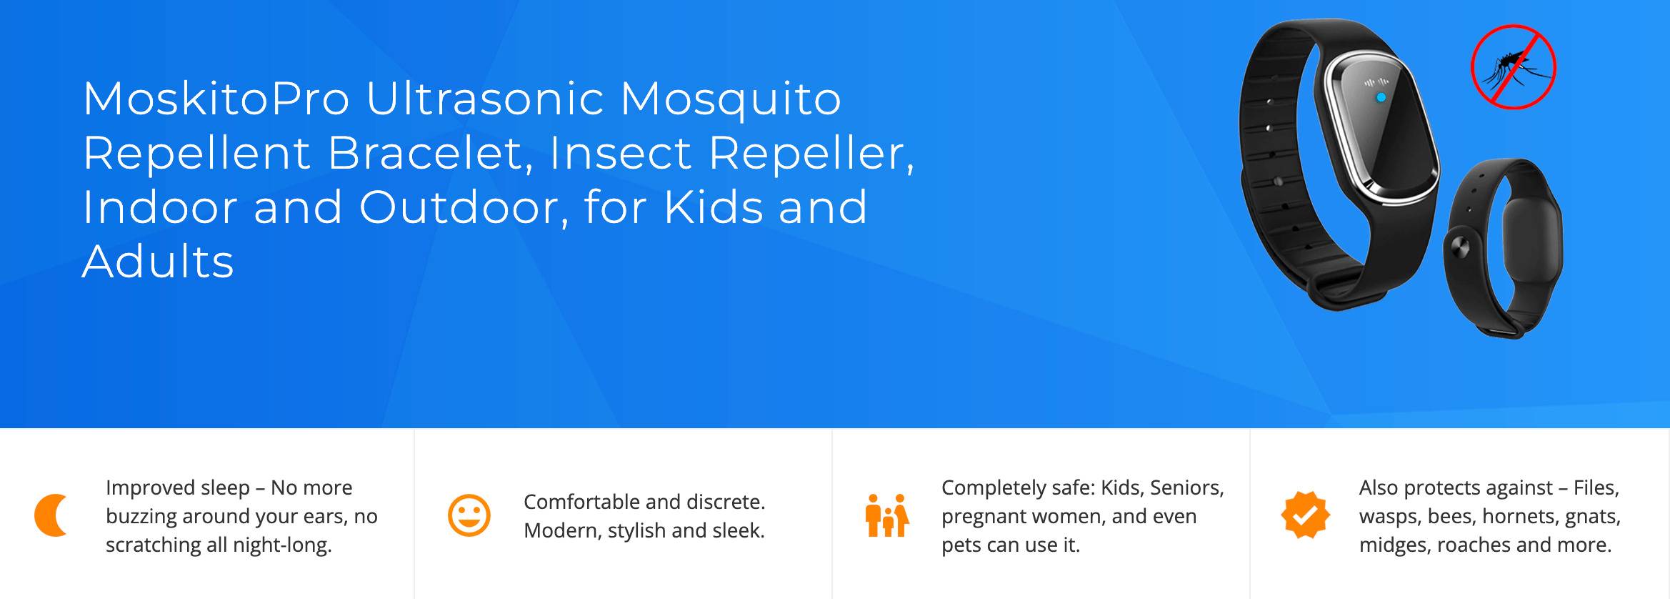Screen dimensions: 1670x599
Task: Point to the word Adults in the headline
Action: [158, 261]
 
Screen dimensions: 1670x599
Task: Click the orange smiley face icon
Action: [469, 515]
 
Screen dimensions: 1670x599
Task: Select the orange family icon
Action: [887, 515]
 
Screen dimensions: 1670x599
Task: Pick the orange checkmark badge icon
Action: [1305, 515]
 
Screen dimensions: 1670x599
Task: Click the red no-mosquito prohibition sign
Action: [1513, 67]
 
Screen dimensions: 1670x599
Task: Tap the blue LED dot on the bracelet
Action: [1381, 97]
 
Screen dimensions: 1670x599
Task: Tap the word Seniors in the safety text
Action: [1187, 488]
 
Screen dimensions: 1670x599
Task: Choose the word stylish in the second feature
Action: [636, 531]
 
